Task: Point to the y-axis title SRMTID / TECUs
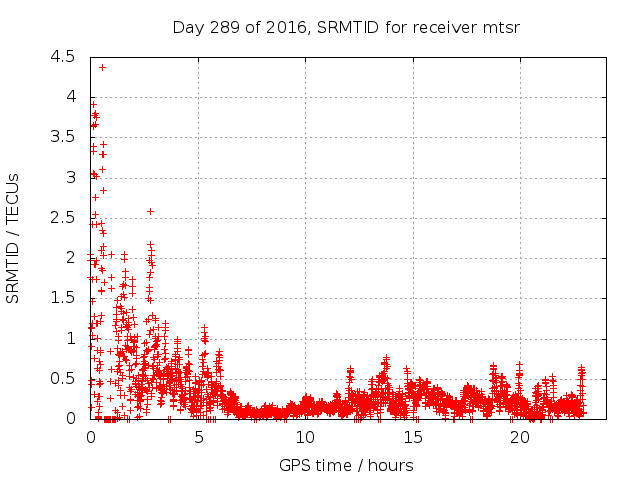point(13,238)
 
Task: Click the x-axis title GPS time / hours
point(345,465)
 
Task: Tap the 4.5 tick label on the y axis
point(64,57)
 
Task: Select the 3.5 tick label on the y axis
point(64,137)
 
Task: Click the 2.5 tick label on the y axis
point(64,218)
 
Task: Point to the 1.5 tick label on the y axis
point(64,298)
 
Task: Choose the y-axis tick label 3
point(70,178)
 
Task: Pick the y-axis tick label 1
point(70,338)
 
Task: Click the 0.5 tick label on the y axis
point(64,379)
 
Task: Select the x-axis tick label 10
point(305,438)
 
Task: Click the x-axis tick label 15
point(412,438)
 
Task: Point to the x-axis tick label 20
point(519,438)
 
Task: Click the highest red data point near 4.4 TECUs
point(102,67)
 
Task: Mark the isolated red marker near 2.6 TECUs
point(150,211)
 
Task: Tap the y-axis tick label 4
point(70,97)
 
